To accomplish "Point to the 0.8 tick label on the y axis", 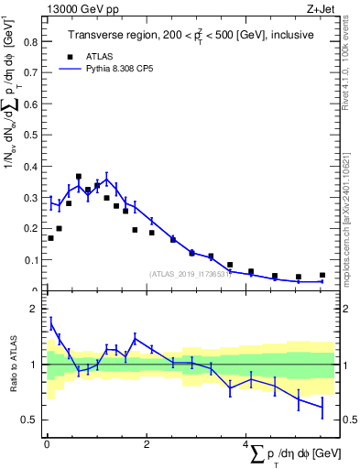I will point(31,42).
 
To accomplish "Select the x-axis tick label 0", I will point(47,443).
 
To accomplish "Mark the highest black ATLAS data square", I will point(79,176).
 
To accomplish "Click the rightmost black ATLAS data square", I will point(322,275).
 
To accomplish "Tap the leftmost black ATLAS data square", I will point(50,238).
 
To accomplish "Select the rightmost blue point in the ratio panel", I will point(322,407).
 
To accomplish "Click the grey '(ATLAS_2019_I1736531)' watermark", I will point(190,273).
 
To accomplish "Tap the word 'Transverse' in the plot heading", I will point(97,36).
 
